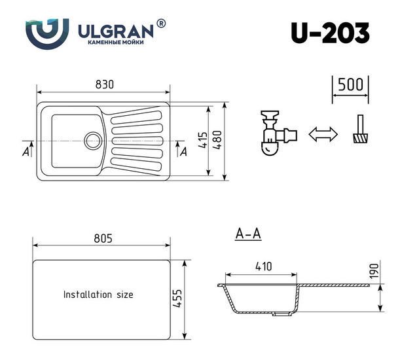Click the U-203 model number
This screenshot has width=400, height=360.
[330, 33]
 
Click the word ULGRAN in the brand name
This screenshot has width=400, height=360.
[116, 31]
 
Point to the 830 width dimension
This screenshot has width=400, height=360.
[105, 84]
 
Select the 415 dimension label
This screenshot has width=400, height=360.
[204, 140]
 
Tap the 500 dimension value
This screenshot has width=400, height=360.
[350, 84]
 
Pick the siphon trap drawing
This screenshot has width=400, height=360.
[278, 133]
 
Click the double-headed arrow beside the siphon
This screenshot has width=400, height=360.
[323, 134]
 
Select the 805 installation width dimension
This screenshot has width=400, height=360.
[103, 238]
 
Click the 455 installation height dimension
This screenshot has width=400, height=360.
[177, 298]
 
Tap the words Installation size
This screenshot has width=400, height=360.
[98, 295]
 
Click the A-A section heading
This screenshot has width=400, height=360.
[248, 234]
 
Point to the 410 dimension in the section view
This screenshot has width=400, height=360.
[264, 266]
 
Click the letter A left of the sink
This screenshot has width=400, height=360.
[26, 152]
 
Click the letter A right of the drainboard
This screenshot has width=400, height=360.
[183, 152]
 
